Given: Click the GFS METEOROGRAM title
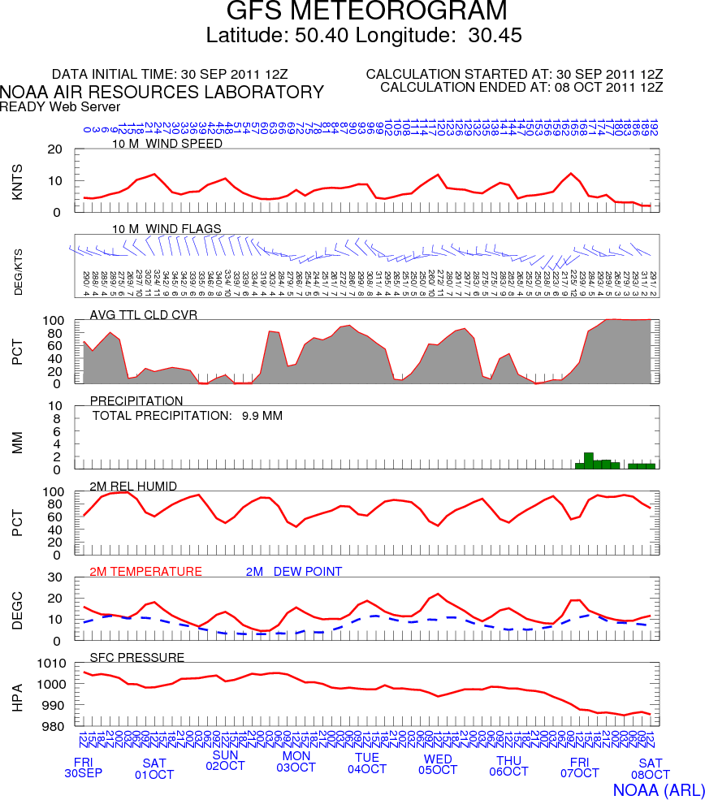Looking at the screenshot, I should click(x=366, y=11).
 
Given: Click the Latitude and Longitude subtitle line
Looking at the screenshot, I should click(x=364, y=36).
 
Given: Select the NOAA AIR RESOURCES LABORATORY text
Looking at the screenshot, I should click(x=162, y=93).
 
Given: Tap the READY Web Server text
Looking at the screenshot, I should click(x=60, y=106).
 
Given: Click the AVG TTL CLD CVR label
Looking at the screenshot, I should click(x=144, y=314).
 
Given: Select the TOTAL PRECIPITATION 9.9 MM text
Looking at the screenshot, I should click(x=187, y=416).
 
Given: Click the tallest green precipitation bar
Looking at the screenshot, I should click(x=589, y=461).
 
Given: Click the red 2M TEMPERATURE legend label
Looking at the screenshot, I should click(x=145, y=572).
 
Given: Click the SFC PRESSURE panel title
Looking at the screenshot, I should click(x=137, y=657).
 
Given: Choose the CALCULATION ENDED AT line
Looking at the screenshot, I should click(x=521, y=87).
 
